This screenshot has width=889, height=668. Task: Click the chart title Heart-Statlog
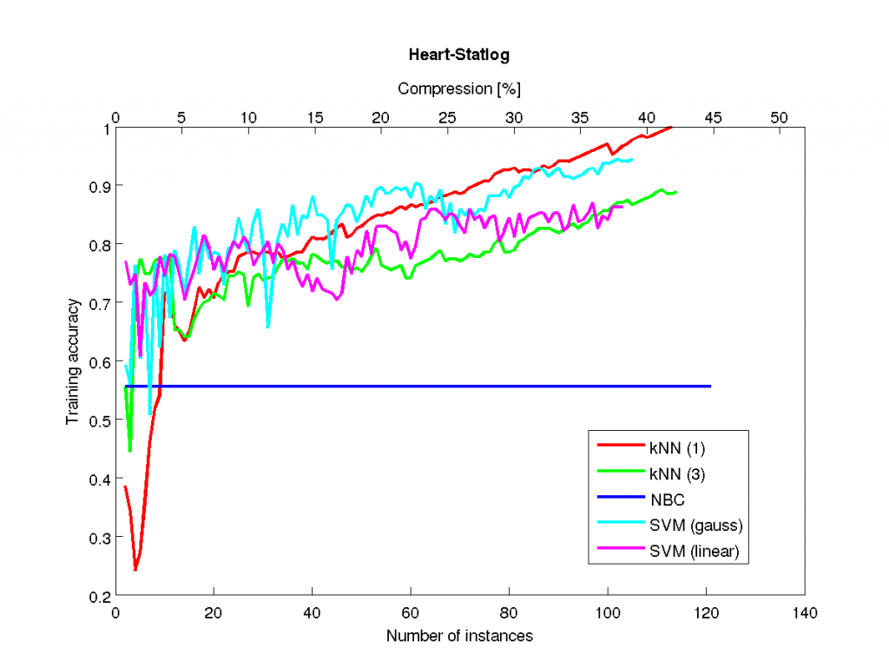click(x=458, y=55)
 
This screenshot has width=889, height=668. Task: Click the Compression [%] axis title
click(x=458, y=89)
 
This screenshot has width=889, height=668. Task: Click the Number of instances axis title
click(x=459, y=636)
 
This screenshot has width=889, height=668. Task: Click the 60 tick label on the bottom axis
click(x=411, y=613)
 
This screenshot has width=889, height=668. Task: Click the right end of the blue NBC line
click(x=711, y=386)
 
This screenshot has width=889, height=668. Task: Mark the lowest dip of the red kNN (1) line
click(x=135, y=570)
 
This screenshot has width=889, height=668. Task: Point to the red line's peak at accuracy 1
click(x=671, y=128)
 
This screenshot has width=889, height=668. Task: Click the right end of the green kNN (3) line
click(x=676, y=192)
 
